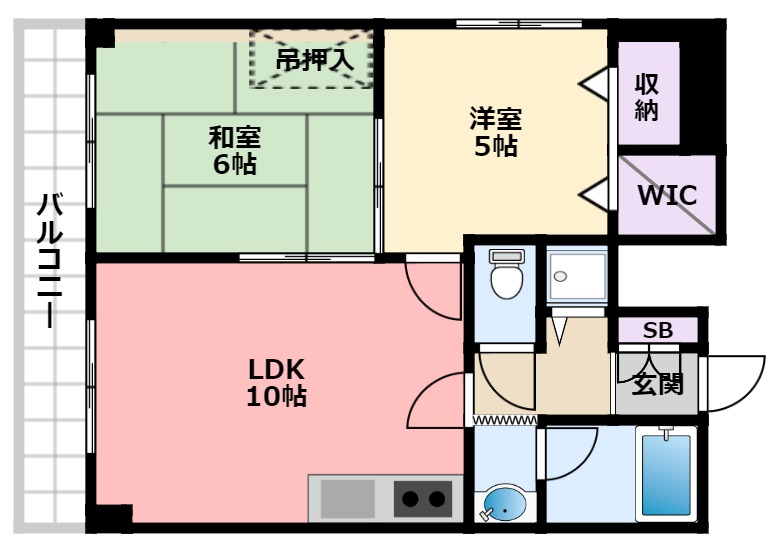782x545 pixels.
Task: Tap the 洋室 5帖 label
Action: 496,131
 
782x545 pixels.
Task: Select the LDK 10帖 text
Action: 275,381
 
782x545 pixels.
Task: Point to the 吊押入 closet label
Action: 314,59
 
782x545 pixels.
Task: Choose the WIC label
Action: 667,194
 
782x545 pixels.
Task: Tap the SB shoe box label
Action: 657,330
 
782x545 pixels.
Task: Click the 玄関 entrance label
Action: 657,382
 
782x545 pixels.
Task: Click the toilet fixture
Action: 505,275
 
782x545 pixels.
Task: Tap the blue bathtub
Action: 666,476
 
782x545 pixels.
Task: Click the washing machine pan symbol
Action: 577,274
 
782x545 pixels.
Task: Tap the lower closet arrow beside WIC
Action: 596,194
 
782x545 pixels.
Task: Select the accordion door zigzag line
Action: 505,421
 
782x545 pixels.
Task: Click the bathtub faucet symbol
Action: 664,434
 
